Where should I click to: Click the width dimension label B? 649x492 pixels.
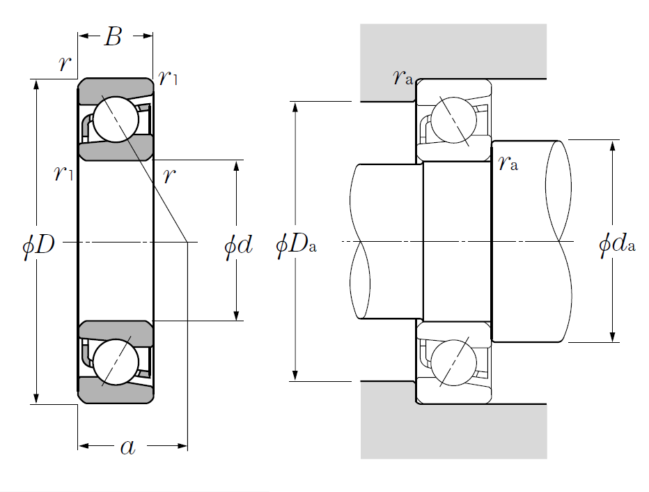pyautogui.click(x=113, y=37)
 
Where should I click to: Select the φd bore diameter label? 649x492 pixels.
pyautogui.click(x=237, y=245)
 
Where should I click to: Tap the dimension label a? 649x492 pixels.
pyautogui.click(x=127, y=447)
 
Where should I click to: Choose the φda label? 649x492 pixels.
pyautogui.click(x=616, y=245)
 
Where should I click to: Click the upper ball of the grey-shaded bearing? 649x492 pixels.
pyautogui.click(x=116, y=119)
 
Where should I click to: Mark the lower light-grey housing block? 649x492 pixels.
pyautogui.click(x=453, y=432)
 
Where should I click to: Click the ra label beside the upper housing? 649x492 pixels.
pyautogui.click(x=402, y=77)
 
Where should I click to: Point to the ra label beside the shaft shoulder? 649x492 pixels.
pyautogui.click(x=508, y=164)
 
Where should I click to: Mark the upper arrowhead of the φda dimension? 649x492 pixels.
pyautogui.click(x=613, y=145)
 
